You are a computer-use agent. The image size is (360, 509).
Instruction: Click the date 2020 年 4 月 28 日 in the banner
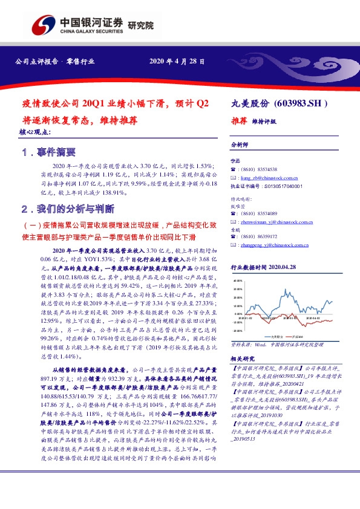point(177,62)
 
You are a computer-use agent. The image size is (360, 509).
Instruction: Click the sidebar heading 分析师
point(241,146)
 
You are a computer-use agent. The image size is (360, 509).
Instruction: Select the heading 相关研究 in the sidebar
point(243,358)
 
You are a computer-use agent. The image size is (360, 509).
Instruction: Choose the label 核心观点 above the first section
point(35,131)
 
